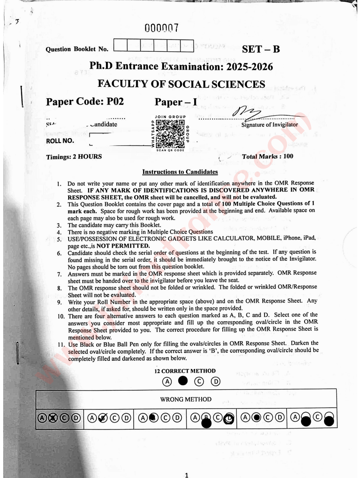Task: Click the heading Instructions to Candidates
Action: tap(180, 172)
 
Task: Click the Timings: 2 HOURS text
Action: tap(74, 157)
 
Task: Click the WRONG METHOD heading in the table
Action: tap(186, 399)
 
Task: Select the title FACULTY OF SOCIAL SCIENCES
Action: tap(181, 84)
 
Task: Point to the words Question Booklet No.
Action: tap(77, 49)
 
